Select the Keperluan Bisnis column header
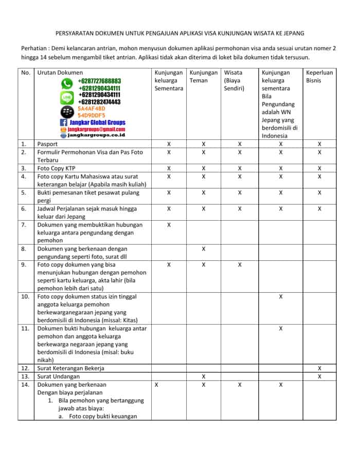319,77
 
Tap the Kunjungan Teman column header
203,77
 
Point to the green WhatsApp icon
67,84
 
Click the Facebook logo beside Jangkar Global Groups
64,122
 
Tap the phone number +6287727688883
99,81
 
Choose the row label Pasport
48,145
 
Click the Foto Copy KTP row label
58,168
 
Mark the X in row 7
169,225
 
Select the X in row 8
204,249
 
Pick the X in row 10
281,297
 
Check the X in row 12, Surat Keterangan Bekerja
319,368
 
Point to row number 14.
25,385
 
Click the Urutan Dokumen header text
60,73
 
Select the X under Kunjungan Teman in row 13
204,377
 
